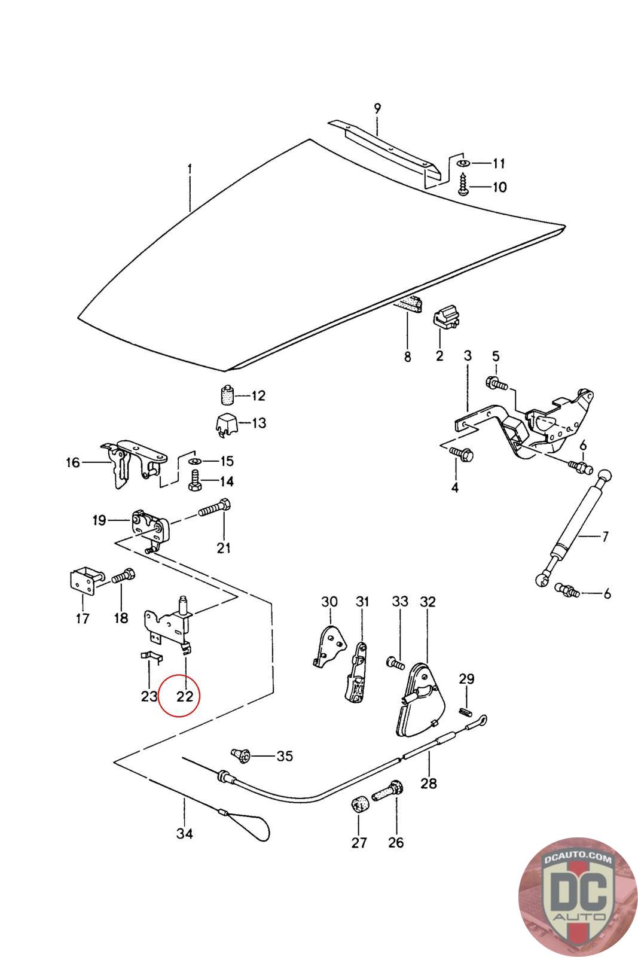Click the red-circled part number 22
coord(185,696)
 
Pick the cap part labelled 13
coord(226,423)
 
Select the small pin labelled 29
coord(469,711)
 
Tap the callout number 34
coord(185,833)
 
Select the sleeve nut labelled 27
coord(359,804)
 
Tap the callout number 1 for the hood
coord(190,169)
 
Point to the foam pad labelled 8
coord(408,304)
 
